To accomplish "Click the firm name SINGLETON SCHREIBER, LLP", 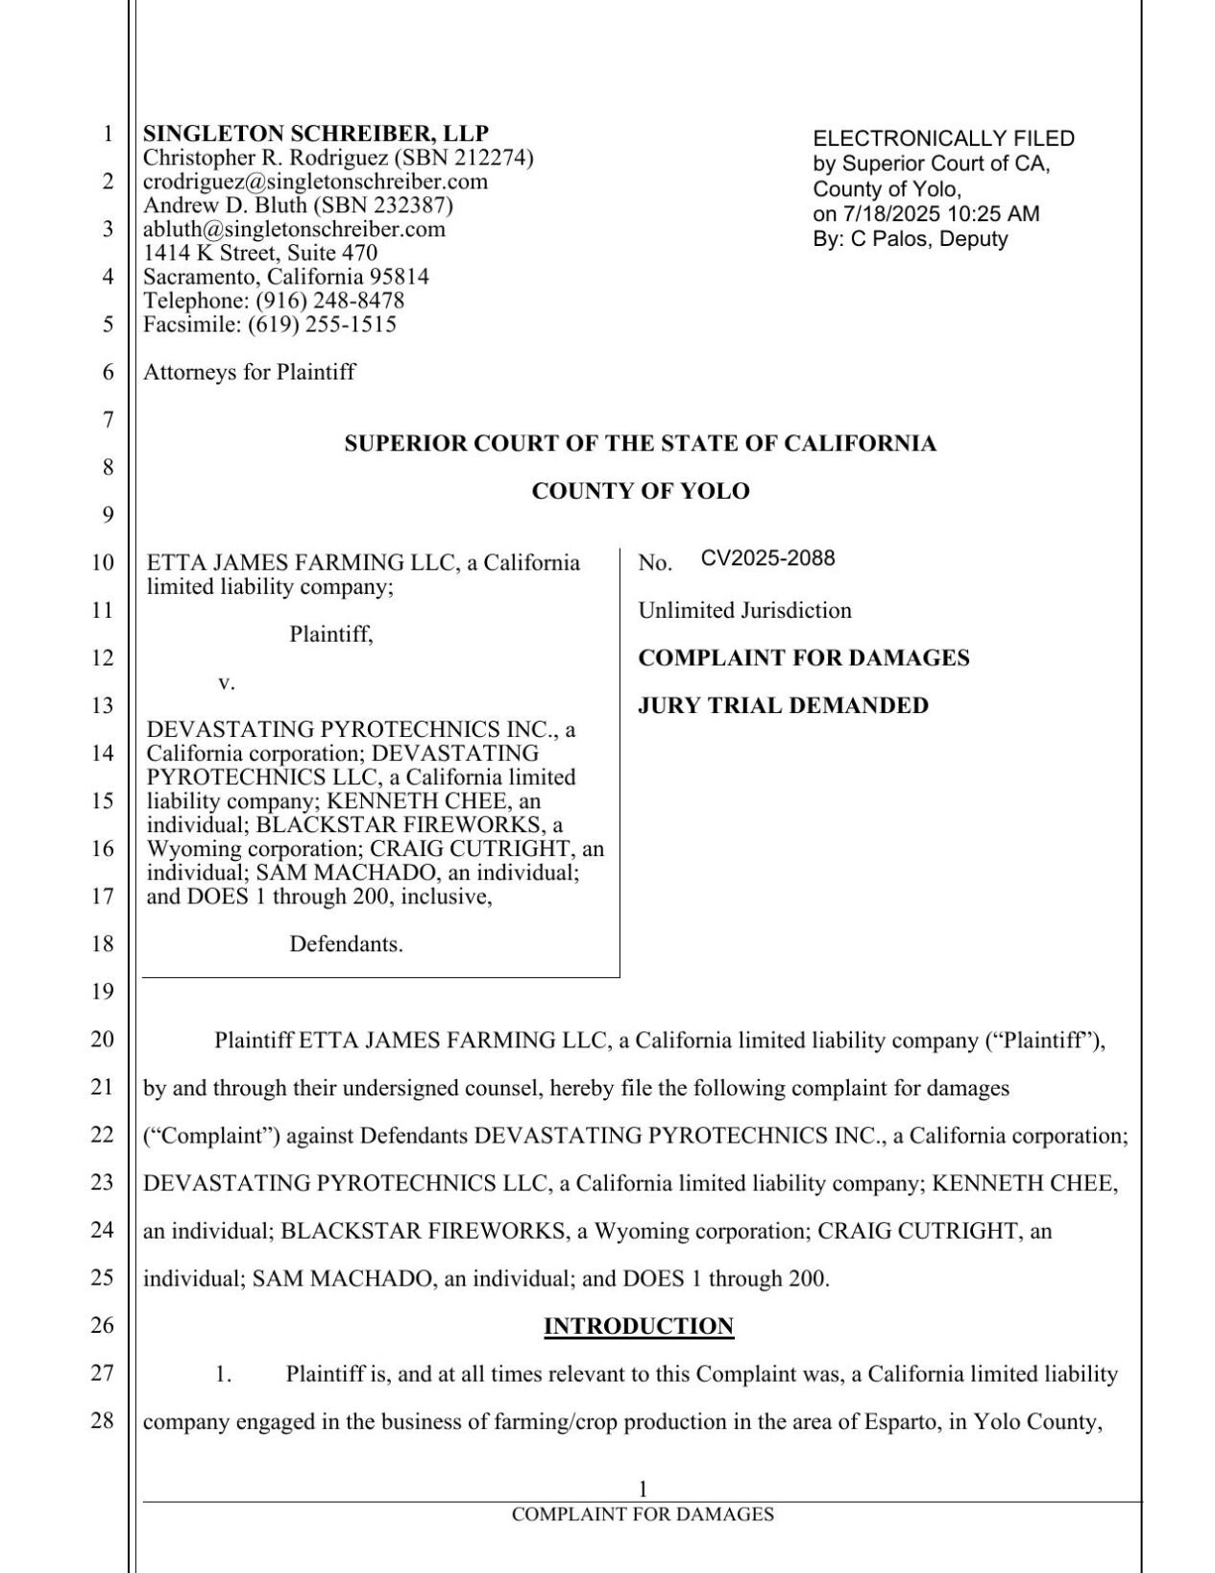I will click(316, 134).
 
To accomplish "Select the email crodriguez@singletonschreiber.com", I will click(315, 182).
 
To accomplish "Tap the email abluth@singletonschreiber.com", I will click(294, 229).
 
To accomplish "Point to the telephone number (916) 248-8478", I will click(329, 301).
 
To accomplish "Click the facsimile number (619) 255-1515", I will click(322, 325).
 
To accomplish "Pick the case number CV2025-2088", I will click(767, 558).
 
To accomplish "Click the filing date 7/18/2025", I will click(901, 214).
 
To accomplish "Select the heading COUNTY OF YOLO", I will click(640, 491).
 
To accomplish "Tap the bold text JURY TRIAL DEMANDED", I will click(783, 705).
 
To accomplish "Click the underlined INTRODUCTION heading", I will click(639, 1326).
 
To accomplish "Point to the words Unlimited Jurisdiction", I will click(744, 610).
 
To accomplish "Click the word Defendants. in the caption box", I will click(346, 945).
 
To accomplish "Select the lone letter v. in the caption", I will click(227, 682).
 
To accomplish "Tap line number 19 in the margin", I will click(103, 992).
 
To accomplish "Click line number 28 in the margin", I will click(103, 1420).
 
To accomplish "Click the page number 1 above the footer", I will click(643, 1488).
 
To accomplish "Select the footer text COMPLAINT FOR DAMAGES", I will click(643, 1514).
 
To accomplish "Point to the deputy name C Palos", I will click(887, 239).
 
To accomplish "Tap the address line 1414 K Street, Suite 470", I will click(260, 253).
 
